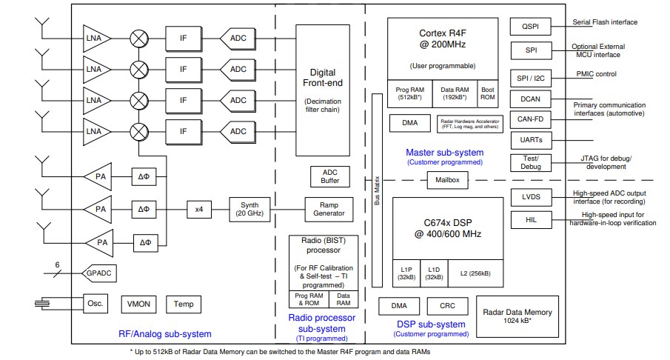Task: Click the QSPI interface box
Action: click(530, 26)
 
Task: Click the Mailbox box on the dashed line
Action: click(447, 180)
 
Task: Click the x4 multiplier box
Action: click(198, 209)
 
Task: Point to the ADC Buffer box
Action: click(329, 176)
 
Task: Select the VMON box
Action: click(138, 304)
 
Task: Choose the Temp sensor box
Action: click(183, 304)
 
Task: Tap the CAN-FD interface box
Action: click(530, 119)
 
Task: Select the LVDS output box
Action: click(530, 197)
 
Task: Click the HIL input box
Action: click(530, 220)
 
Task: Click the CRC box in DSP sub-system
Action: click(447, 306)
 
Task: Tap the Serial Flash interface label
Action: click(604, 22)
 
